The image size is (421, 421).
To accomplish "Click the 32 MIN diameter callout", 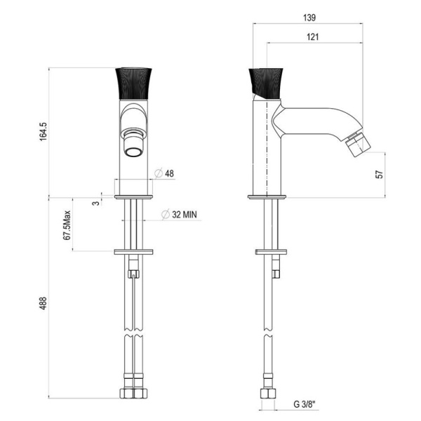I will pos(179,215).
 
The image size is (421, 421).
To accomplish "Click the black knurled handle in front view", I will pos(133,86).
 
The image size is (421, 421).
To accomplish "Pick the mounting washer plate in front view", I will pos(133,251).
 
